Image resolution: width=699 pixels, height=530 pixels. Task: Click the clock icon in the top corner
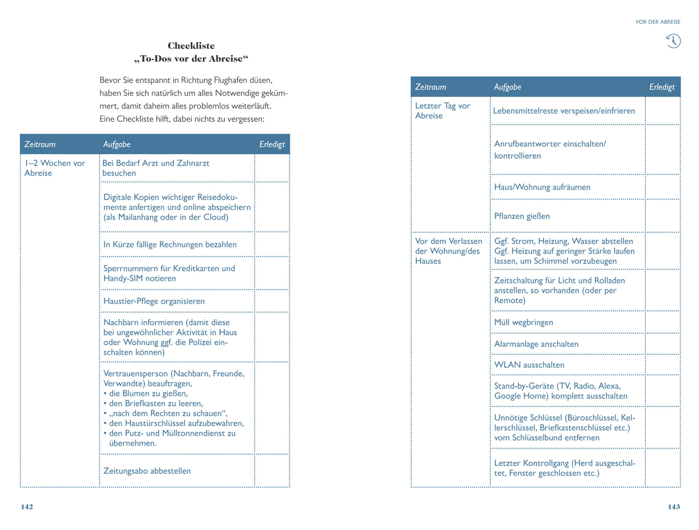tap(673, 41)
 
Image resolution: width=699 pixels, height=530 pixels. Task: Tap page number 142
tap(27, 507)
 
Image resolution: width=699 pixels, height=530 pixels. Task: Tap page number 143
tap(674, 507)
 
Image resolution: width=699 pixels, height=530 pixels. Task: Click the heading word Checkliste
tap(191, 46)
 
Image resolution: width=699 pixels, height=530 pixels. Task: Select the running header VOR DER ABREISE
tap(658, 22)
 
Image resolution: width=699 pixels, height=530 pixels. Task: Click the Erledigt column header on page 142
tap(272, 144)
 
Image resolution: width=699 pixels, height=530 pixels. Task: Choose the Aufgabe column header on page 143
tap(507, 87)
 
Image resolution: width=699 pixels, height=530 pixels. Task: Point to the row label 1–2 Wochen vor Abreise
tap(55, 168)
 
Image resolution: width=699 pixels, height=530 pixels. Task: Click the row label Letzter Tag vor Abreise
tap(443, 111)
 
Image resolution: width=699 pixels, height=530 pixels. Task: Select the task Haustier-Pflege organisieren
tap(154, 301)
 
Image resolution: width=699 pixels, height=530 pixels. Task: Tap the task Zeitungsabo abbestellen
tap(147, 471)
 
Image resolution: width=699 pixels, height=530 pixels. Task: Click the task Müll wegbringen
tap(523, 322)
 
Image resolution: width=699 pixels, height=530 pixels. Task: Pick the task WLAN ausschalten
tap(529, 365)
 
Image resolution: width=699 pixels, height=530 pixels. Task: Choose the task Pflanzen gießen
tap(522, 216)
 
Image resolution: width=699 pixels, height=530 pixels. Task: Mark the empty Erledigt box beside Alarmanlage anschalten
tap(662, 344)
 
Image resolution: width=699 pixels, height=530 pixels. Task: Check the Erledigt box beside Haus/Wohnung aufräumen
tap(662, 187)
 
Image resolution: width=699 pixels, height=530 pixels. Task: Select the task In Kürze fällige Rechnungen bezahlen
tap(170, 244)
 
